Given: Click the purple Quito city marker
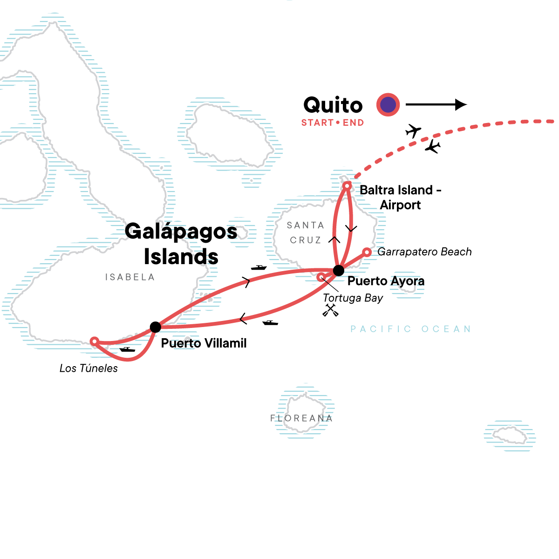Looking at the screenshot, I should [388, 105].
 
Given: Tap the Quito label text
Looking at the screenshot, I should [333, 105].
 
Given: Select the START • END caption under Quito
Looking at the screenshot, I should [332, 123].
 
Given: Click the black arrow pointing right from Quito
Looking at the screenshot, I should [436, 105].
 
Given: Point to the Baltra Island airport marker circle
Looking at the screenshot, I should [347, 186].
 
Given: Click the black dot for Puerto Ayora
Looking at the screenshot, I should [339, 270].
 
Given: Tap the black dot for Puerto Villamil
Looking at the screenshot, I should [156, 327].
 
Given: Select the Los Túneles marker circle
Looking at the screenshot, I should [94, 341].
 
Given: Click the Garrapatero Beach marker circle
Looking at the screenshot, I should [367, 252].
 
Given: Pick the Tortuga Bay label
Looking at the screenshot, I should [353, 298].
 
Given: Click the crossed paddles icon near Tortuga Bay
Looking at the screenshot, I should [330, 310].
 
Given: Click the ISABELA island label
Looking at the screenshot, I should [130, 277].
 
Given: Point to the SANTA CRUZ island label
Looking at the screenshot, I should [306, 233].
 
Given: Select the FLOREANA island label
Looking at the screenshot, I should [301, 418].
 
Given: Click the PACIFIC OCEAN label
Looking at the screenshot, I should [410, 329].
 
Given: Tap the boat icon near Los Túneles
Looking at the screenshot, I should [127, 349].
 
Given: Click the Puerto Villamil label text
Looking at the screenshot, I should [204, 343].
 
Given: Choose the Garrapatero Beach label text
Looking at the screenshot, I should [424, 252].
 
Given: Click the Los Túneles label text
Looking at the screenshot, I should [89, 368].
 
